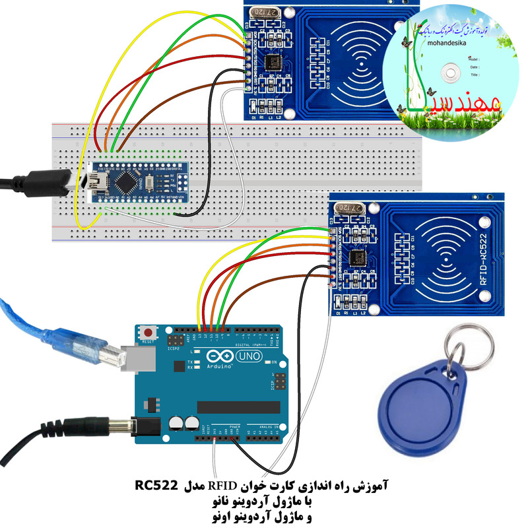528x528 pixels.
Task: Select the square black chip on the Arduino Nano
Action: [x=127, y=180]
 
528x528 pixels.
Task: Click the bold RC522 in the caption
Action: [x=157, y=486]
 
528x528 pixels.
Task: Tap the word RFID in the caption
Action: [x=222, y=486]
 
